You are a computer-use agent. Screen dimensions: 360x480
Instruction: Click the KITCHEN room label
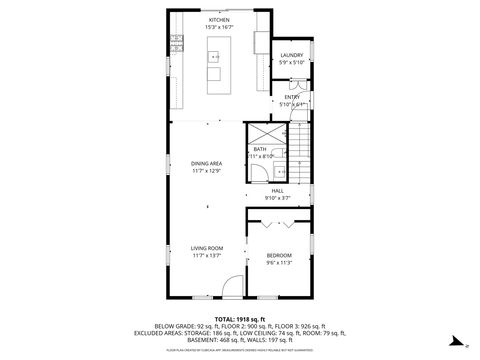coord(218,20)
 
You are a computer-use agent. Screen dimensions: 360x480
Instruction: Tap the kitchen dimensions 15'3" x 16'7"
coord(218,27)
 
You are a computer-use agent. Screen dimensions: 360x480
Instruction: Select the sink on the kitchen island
coord(213,58)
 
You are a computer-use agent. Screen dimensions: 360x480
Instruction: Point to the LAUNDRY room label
coord(291,55)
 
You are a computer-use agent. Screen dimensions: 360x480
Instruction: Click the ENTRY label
coord(291,97)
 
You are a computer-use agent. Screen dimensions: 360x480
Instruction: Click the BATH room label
coord(259,149)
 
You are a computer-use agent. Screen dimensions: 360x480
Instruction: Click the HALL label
coord(277,190)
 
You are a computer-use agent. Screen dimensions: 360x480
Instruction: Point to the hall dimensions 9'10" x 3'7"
coord(277,198)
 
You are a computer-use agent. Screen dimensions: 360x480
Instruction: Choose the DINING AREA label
coord(206,163)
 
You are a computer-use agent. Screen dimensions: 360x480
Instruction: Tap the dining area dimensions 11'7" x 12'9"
coord(206,171)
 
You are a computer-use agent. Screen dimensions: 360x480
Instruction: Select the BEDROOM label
coord(279,255)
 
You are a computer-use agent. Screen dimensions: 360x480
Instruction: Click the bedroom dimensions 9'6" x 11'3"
coord(279,263)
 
